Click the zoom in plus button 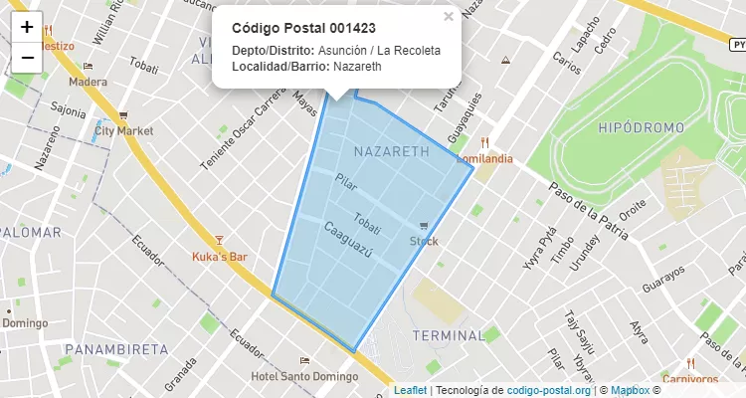point(27,27)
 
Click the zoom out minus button point(27,58)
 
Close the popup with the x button point(449,16)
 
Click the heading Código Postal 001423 point(303,27)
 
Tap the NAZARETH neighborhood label point(391,152)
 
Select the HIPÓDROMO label point(642,128)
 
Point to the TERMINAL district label point(449,335)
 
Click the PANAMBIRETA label point(116,349)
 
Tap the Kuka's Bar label point(219,257)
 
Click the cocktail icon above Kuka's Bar point(220,240)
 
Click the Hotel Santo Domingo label point(304,377)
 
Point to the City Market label point(123,130)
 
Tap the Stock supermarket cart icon point(425,227)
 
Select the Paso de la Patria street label point(589,212)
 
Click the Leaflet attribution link point(410,390)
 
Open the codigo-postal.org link point(549,390)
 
